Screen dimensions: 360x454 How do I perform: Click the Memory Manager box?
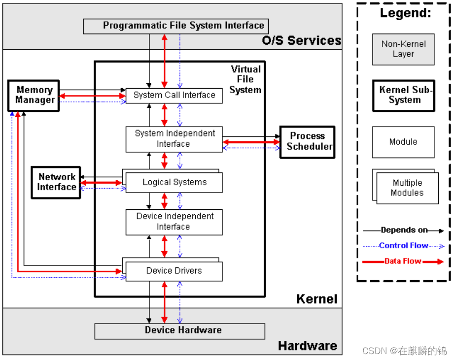point(34,96)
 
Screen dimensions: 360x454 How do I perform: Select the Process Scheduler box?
point(307,142)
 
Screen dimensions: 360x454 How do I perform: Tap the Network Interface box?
point(56,182)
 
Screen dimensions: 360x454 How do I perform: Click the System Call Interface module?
point(174,96)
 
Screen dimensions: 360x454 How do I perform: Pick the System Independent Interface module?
point(174,139)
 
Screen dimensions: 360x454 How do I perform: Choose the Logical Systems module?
point(174,183)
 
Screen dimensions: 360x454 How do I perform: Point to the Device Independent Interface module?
point(174,222)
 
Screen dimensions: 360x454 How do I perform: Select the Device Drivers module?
point(174,271)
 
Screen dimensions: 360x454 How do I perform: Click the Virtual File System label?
point(245,79)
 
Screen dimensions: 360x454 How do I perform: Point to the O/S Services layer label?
point(301,40)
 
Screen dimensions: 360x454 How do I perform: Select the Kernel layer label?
point(316,299)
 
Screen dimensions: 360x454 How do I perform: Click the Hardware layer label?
point(307,346)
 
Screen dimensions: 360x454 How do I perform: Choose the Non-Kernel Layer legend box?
point(403,49)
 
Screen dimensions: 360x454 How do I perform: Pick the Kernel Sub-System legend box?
point(404,95)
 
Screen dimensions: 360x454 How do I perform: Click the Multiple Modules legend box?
point(406,188)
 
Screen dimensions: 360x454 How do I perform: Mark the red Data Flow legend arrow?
point(434,262)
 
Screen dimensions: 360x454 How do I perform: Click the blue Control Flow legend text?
point(403,246)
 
